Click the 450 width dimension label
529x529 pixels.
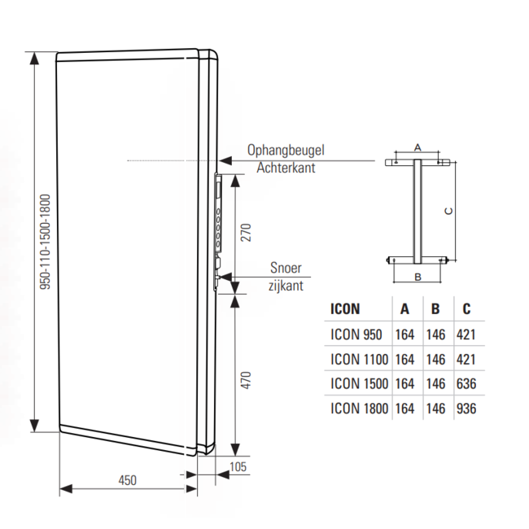click(x=126, y=479)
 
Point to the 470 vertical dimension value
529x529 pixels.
click(x=247, y=383)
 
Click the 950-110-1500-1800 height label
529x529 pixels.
click(x=46, y=242)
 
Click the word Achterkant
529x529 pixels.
click(x=286, y=168)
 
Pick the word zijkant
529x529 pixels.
click(x=286, y=286)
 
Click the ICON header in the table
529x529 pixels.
click(x=345, y=308)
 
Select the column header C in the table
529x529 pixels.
click(x=466, y=308)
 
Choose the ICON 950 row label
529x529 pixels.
click(x=356, y=334)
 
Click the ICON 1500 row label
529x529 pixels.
click(x=359, y=383)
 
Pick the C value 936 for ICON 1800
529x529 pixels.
click(x=466, y=409)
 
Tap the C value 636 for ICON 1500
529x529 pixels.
click(x=466, y=383)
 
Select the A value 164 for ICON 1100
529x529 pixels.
click(x=404, y=359)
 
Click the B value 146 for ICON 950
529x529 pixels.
click(x=436, y=334)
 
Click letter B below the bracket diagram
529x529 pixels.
click(x=417, y=277)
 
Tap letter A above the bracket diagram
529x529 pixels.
click(x=418, y=147)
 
